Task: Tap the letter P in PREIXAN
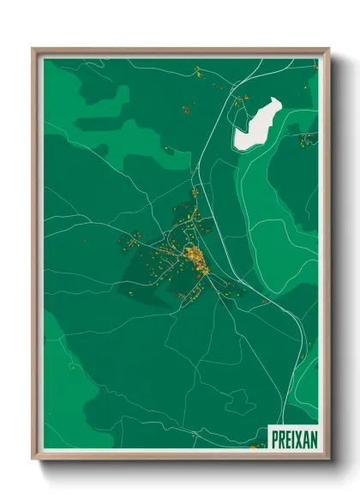tap(274, 436)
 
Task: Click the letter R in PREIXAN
tap(280, 436)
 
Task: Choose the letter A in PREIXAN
tap(304, 436)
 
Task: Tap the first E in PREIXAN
tap(286, 436)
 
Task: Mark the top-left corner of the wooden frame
tap(33, 50)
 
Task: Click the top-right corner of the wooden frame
tap(328, 50)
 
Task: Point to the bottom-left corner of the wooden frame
tap(33, 459)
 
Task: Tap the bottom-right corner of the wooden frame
tap(328, 459)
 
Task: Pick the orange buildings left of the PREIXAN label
tap(256, 445)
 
